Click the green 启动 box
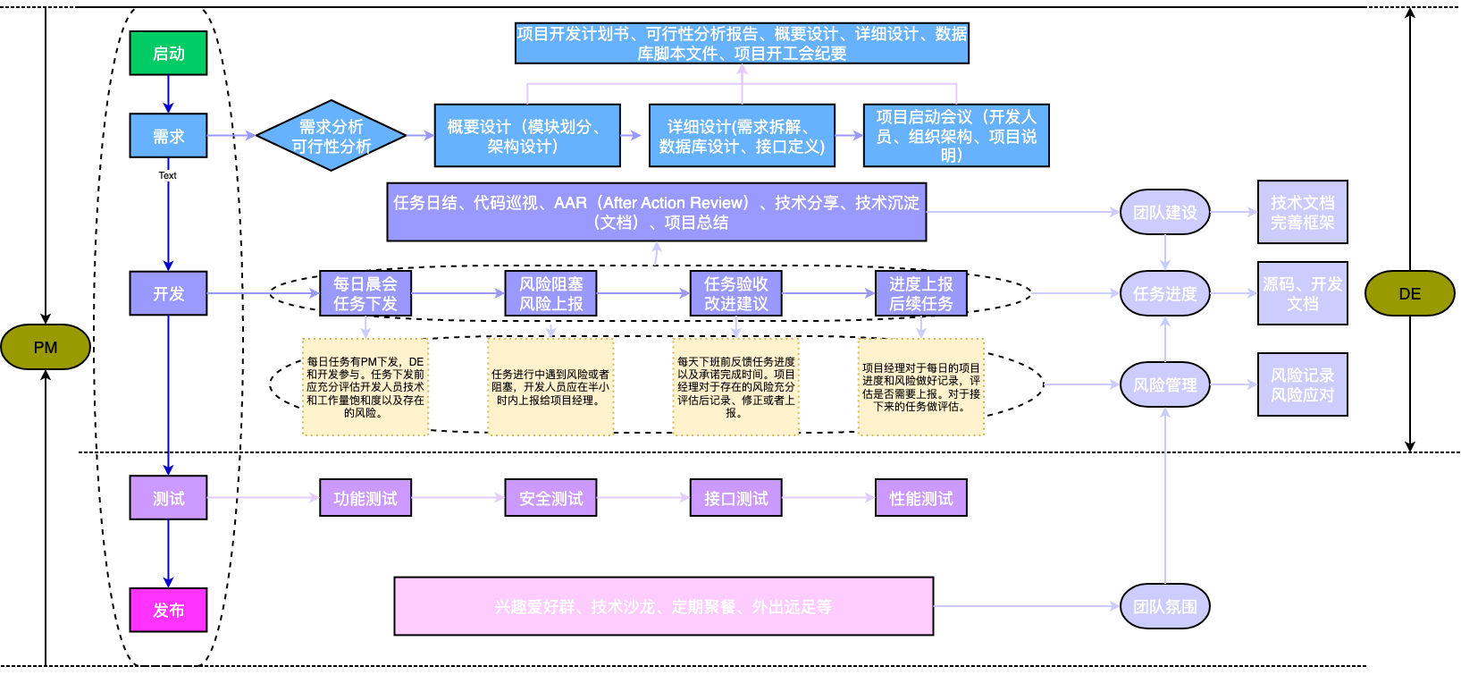click(168, 53)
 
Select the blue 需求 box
click(168, 136)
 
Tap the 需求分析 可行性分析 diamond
click(331, 136)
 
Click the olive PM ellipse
click(46, 347)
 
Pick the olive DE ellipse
click(1409, 293)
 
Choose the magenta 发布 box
click(168, 610)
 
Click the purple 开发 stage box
click(168, 293)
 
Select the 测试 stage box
click(168, 498)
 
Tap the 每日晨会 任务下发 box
click(365, 293)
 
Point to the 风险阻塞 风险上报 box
click(550, 293)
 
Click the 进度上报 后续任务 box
click(920, 293)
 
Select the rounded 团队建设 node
click(1164, 212)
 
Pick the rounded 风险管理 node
click(1164, 384)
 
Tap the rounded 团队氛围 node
click(1164, 606)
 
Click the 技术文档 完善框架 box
click(1302, 212)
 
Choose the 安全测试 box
click(550, 498)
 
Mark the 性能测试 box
click(920, 498)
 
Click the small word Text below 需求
click(168, 175)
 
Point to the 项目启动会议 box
click(956, 136)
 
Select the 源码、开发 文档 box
click(1302, 293)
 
